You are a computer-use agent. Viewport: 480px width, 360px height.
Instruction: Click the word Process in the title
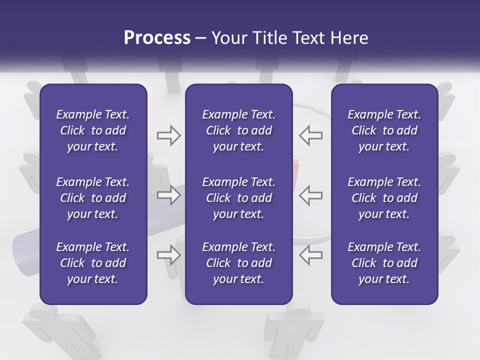tap(157, 37)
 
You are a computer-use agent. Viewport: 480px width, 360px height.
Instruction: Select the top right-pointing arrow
tap(168, 135)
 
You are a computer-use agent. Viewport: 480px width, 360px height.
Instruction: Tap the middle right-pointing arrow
tap(168, 195)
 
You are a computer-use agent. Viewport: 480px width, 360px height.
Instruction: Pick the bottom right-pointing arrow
tap(168, 254)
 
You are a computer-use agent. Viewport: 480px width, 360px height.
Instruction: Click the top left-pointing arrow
tap(311, 135)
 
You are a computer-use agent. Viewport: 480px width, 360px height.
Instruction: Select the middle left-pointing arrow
tap(311, 195)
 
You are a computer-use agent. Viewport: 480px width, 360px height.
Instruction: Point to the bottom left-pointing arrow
tap(311, 254)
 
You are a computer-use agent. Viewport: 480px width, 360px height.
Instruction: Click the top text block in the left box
tap(93, 130)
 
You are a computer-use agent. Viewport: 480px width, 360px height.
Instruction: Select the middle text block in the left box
tap(93, 198)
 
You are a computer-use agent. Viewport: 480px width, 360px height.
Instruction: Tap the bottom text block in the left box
tap(93, 263)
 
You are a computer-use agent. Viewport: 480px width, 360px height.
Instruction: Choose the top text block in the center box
tap(238, 130)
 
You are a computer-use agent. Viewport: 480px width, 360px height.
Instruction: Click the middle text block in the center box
tap(238, 198)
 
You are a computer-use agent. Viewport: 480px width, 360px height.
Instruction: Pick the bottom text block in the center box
tap(238, 263)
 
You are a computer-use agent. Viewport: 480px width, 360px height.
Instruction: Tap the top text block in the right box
tap(384, 130)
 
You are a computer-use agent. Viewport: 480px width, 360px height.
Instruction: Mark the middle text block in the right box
tap(384, 198)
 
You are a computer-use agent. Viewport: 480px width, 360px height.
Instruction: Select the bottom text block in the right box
tap(384, 263)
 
